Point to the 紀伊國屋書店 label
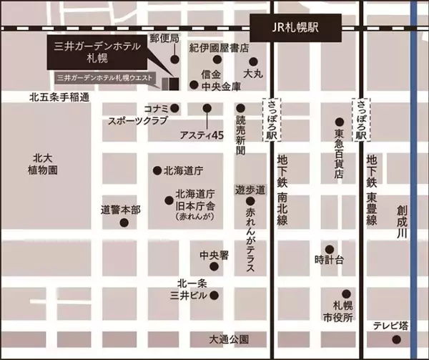coord(219,48)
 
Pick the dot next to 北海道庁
coord(157,171)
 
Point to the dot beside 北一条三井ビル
coord(213,294)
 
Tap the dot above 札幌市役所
coord(346,293)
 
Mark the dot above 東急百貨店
coord(340,123)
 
